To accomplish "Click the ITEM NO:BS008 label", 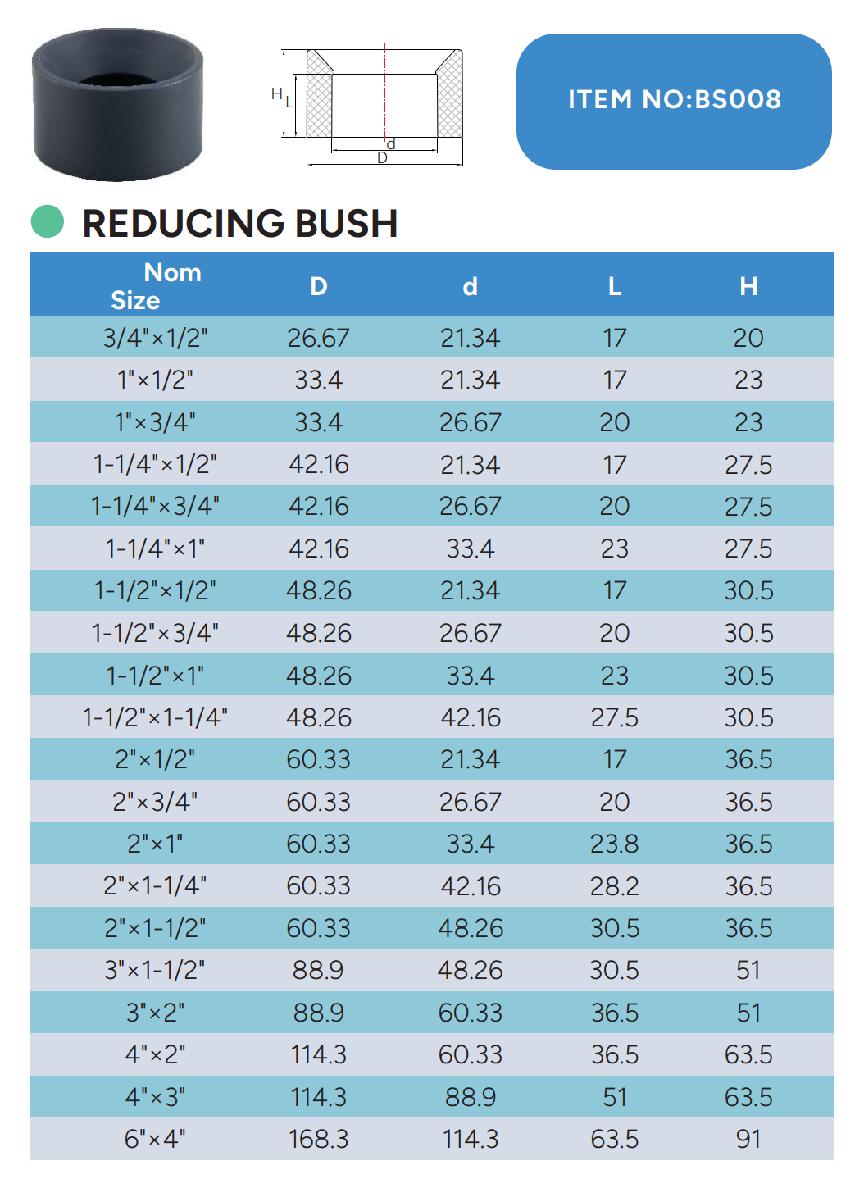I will point(674,100).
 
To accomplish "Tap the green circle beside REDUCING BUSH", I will point(48,221).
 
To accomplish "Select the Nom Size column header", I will point(156,285).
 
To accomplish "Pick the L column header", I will point(614,286).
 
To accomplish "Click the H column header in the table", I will point(748,286).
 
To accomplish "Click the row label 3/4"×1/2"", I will point(155,338).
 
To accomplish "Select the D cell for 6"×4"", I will point(318,1139).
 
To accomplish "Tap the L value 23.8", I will point(614,844).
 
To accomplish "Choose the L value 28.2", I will point(614,886).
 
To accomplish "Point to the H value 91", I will point(748,1139).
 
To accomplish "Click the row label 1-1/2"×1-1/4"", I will point(155,717).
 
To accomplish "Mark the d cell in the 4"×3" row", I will point(470,1097).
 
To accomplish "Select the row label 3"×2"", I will point(155,1013).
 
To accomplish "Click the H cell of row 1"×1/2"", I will point(748,380).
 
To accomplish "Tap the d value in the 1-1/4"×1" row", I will point(470,548).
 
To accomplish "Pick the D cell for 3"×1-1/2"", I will point(318,970).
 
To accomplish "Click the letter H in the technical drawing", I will point(276,94).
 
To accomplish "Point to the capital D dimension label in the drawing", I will point(382,158).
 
